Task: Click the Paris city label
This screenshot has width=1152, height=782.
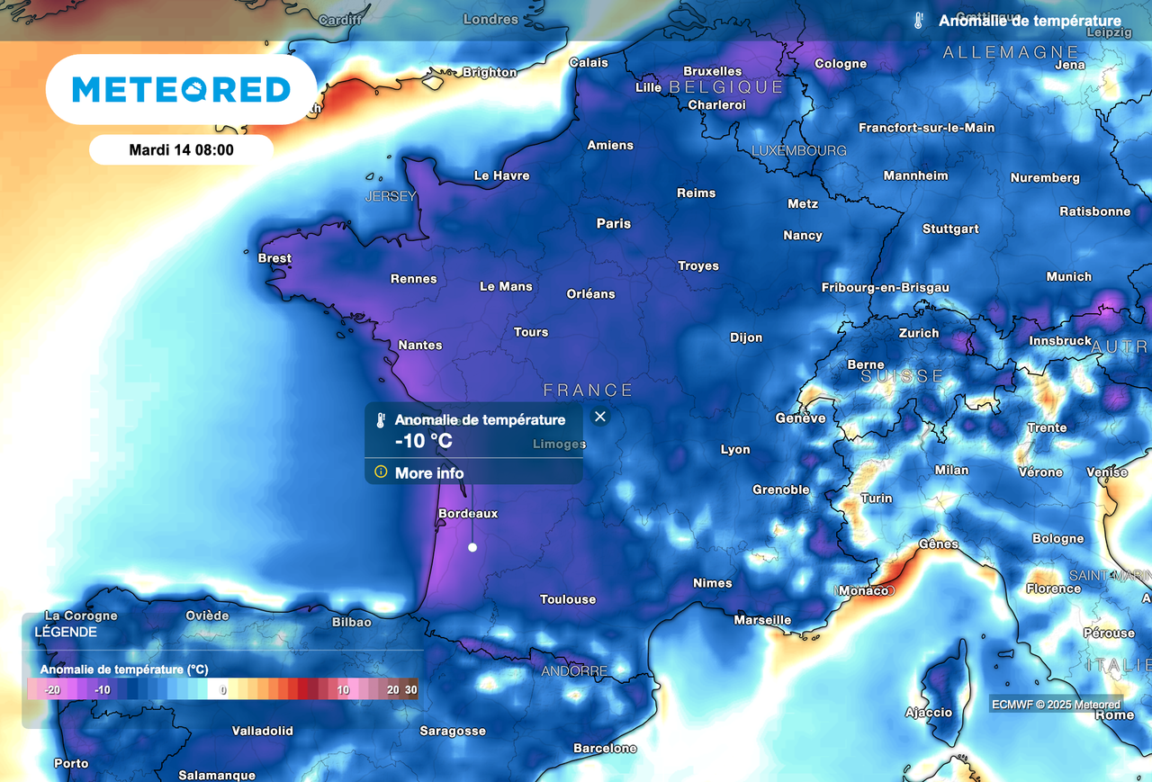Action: pos(614,223)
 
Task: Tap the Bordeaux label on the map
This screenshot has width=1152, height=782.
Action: pos(467,514)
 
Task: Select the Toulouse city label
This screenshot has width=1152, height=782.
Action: pos(568,599)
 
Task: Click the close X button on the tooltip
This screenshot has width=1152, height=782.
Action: pos(600,416)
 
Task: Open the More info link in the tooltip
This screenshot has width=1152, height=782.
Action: pos(429,473)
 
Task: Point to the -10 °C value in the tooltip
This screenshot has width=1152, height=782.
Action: pos(423,442)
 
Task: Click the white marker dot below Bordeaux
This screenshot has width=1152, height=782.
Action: pos(472,547)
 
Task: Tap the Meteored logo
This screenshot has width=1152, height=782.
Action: pos(181,89)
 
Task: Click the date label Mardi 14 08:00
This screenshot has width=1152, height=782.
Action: pos(181,150)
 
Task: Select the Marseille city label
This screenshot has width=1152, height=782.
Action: pos(762,620)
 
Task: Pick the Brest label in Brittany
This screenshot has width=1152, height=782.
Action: pos(274,258)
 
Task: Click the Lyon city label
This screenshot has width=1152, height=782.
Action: pos(735,449)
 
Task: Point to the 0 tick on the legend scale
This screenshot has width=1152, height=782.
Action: pos(223,690)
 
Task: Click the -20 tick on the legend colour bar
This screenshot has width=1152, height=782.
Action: pos(52,690)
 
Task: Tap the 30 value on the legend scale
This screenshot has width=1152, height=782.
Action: pos(411,690)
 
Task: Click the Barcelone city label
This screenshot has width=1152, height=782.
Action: pos(605,749)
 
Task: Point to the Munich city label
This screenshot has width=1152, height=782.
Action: pos(1068,277)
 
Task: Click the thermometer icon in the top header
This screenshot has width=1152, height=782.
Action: pos(918,21)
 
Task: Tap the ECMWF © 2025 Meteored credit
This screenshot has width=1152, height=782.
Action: pos(1057,705)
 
